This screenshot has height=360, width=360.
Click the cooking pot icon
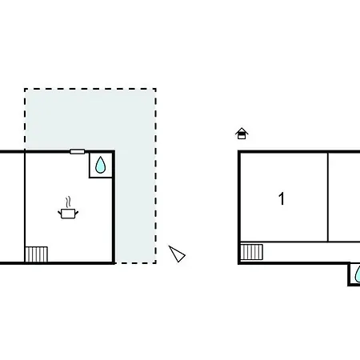pos(68,214)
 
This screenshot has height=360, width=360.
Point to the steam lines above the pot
pos(69,202)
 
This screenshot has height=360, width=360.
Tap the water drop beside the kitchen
pos(101,165)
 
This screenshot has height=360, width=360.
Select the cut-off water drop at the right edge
pos(358,274)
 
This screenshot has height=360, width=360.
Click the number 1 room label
pos(282,198)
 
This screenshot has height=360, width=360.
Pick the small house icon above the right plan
pos(242,134)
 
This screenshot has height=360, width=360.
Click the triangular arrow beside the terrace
pos(177,254)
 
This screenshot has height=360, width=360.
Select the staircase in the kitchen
pos(36,254)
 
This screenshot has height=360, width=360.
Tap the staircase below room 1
pos(252,252)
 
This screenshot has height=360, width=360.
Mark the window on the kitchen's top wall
pos(78,152)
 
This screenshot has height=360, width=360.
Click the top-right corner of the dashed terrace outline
pos(156,89)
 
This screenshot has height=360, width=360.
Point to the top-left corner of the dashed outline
pos(25,89)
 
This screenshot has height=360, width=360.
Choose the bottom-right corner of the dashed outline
pos(156,263)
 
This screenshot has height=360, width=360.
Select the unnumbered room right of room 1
pos(344,198)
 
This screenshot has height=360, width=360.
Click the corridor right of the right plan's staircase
pos(311,252)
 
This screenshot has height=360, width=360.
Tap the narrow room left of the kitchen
pos(12,207)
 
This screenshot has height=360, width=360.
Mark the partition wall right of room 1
pos(328,198)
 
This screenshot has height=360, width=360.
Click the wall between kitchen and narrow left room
pos(25,207)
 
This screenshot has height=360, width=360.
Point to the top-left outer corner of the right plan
pos(239,151)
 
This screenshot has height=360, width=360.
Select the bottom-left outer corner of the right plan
pos(239,263)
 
